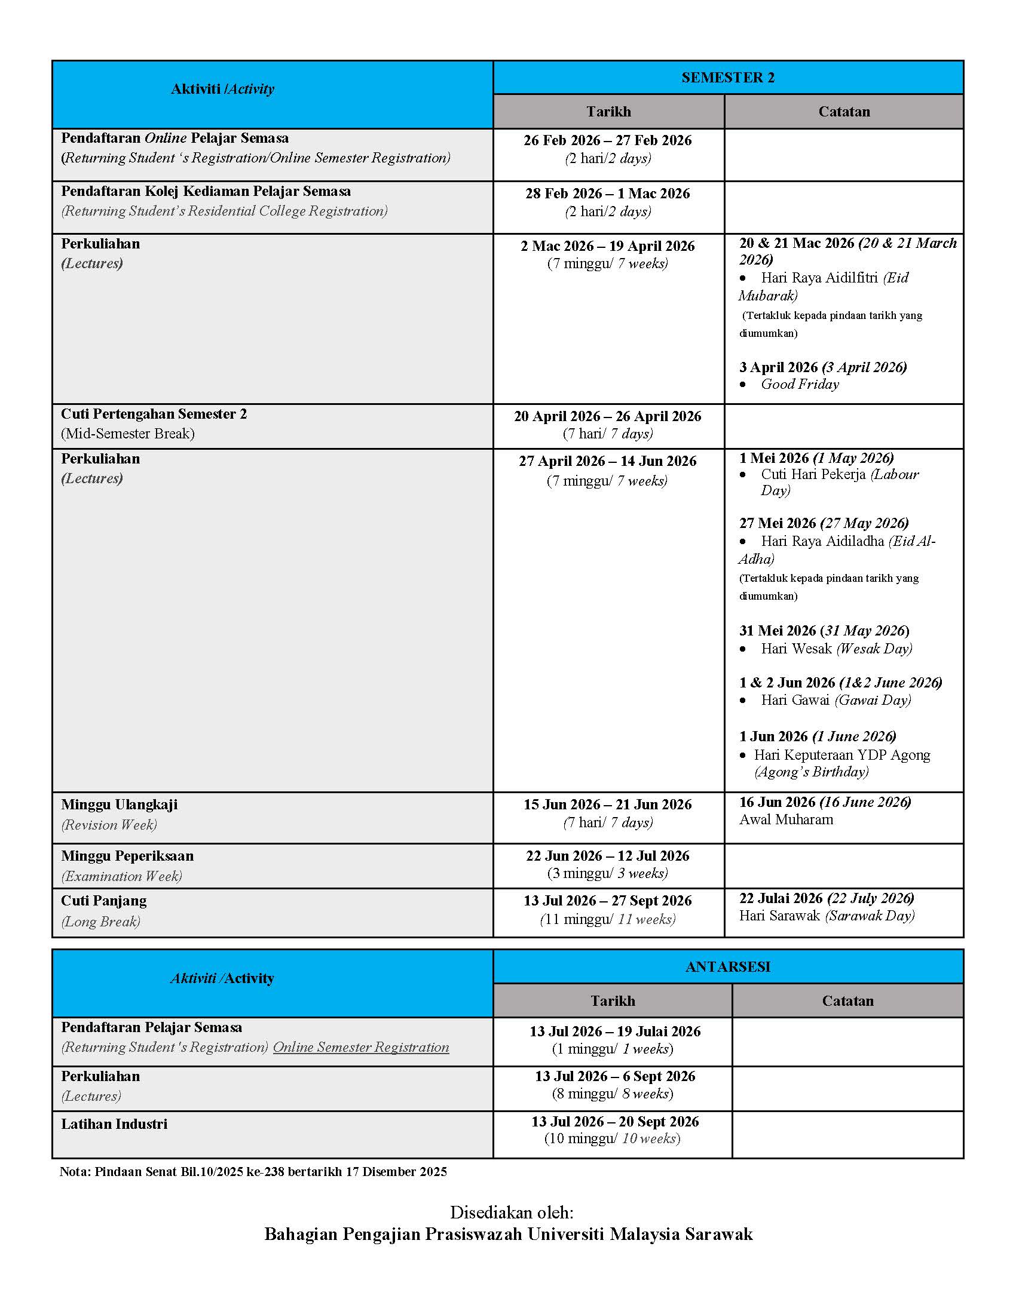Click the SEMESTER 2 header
[x=728, y=78]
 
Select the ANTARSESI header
[x=728, y=967]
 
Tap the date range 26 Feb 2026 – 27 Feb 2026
[x=607, y=140]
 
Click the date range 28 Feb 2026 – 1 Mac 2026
[x=607, y=194]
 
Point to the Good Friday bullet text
[x=799, y=385]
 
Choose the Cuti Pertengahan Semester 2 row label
[x=154, y=414]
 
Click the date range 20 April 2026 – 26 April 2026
[x=607, y=416]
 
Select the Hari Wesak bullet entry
[x=836, y=649]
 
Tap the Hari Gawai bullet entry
[x=836, y=701]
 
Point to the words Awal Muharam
[x=786, y=819]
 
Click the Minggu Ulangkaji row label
[x=119, y=805]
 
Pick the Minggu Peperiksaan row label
[x=127, y=856]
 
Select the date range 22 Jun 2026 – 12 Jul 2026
[x=607, y=856]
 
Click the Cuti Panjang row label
[x=103, y=901]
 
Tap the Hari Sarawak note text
[x=827, y=916]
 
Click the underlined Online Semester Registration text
[x=361, y=1048]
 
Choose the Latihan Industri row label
[x=114, y=1124]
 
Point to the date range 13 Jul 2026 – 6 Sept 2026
[x=614, y=1076]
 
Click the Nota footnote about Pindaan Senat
[x=253, y=1171]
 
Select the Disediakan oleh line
[x=512, y=1212]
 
